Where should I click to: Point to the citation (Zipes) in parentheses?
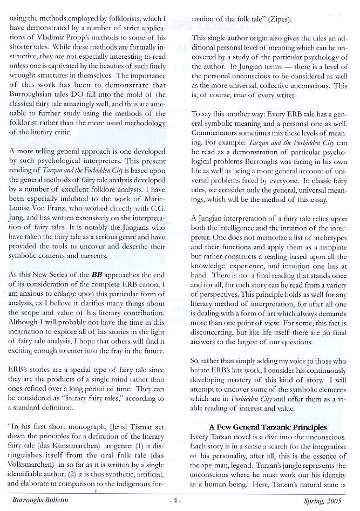[277, 19]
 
